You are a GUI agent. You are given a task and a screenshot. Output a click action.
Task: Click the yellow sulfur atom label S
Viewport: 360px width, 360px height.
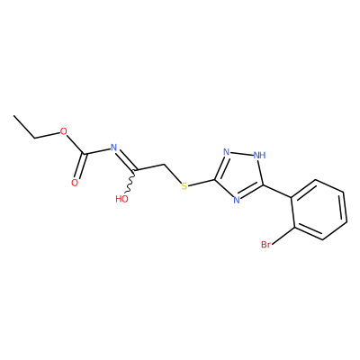point(184,186)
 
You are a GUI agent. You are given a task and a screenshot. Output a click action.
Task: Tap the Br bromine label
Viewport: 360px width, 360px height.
point(265,245)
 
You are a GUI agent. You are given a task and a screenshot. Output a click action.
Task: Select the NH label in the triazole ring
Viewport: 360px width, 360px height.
point(259,155)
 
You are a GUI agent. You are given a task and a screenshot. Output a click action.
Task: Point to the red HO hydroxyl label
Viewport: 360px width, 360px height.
point(121,199)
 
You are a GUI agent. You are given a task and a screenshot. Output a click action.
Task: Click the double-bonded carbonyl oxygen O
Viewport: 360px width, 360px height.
point(75,183)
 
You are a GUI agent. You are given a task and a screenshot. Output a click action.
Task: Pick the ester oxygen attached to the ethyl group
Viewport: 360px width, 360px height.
point(63,131)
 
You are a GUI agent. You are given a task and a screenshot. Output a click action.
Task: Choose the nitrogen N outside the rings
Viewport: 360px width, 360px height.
point(113,148)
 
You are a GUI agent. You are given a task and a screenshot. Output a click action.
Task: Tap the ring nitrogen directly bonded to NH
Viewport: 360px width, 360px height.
point(227,152)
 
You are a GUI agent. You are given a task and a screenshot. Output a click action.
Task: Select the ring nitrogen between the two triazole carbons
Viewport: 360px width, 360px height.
point(237,200)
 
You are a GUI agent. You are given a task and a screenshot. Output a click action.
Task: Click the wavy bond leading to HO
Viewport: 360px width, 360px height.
point(130,182)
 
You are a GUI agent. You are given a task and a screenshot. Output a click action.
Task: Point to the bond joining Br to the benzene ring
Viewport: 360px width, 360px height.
point(283,235)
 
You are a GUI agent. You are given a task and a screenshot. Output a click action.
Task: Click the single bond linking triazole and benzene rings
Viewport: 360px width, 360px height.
point(277,192)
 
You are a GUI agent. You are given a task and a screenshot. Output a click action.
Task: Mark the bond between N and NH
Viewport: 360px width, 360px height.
point(242,153)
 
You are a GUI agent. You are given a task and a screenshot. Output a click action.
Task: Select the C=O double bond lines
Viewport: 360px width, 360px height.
point(80,166)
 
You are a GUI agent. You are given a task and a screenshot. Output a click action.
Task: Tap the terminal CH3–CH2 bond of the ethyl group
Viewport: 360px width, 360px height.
point(24,126)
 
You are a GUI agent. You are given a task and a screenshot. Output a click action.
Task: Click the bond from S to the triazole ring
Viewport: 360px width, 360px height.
point(202,183)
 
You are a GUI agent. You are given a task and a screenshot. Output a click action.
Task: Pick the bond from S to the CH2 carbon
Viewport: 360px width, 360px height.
point(173,174)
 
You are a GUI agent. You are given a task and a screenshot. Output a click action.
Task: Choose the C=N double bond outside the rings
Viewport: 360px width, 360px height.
point(126,159)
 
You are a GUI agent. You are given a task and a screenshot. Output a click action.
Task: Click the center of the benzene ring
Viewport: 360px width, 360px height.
point(319,210)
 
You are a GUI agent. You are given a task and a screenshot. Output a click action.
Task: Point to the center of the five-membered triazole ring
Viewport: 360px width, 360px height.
point(239,175)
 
